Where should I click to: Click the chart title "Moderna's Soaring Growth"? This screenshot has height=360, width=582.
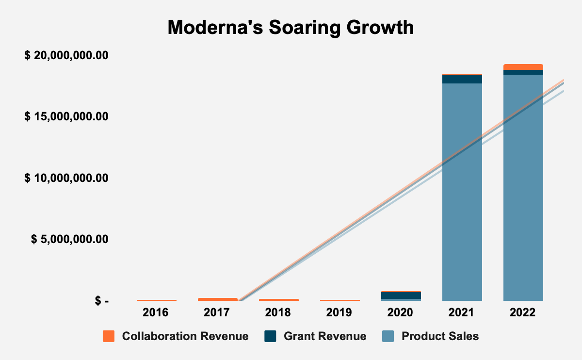pyautogui.click(x=291, y=28)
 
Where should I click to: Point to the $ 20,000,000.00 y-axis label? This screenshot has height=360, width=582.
pyautogui.click(x=67, y=55)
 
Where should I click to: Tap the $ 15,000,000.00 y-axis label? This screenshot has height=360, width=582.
pyautogui.click(x=67, y=117)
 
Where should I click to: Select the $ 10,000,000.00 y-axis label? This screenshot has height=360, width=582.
pyautogui.click(x=67, y=178)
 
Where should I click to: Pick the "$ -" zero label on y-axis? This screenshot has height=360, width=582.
pyautogui.click(x=102, y=301)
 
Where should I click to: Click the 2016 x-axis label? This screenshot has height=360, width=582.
pyautogui.click(x=156, y=312)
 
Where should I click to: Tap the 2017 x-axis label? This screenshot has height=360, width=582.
pyautogui.click(x=217, y=312)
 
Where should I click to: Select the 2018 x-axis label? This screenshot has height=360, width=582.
pyautogui.click(x=278, y=312)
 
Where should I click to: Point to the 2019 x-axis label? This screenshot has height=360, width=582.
pyautogui.click(x=339, y=312)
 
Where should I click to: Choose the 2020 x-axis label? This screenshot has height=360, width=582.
pyautogui.click(x=400, y=312)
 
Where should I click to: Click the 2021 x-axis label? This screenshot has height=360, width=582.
pyautogui.click(x=461, y=312)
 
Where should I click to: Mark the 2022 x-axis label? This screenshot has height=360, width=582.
pyautogui.click(x=522, y=312)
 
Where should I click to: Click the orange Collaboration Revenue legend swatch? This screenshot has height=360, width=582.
pyautogui.click(x=109, y=336)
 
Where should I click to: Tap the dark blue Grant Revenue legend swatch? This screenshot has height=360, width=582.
pyautogui.click(x=271, y=336)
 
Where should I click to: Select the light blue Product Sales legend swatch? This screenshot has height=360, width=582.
pyautogui.click(x=388, y=336)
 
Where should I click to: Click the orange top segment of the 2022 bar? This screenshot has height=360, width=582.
pyautogui.click(x=523, y=67)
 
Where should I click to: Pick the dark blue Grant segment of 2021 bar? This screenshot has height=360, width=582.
pyautogui.click(x=462, y=79)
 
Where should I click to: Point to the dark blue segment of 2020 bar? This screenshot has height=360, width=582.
pyautogui.click(x=401, y=295)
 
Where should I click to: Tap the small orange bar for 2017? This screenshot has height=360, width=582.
pyautogui.click(x=217, y=299)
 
